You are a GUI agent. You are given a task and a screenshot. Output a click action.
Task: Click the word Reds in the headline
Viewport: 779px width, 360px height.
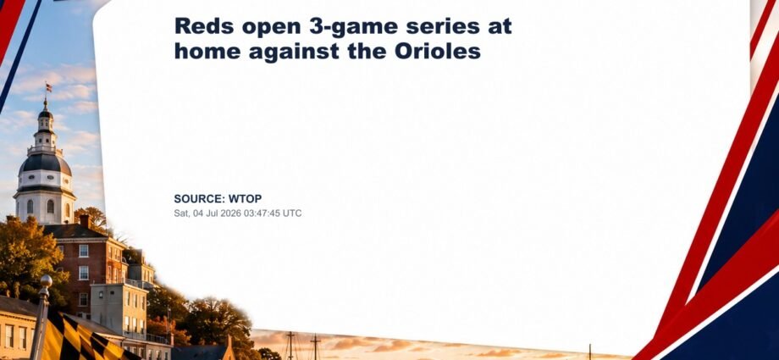(204, 26)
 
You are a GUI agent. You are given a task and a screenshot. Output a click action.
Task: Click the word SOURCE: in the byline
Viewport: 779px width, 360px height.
(199, 199)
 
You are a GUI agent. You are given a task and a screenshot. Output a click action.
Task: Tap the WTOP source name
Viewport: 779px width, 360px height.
(245, 199)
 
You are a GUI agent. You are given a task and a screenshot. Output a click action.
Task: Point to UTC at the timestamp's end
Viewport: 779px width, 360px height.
(293, 213)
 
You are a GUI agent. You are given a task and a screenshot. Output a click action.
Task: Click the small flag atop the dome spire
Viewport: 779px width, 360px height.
(49, 87)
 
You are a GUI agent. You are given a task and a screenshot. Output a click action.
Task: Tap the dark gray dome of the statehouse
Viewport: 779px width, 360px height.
(45, 163)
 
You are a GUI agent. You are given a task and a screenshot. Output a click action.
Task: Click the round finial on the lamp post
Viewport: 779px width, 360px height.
(46, 280)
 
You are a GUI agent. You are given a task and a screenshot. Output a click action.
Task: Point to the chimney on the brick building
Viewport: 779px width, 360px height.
(85, 221)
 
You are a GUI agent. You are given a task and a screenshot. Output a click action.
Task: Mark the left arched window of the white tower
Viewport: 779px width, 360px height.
(30, 207)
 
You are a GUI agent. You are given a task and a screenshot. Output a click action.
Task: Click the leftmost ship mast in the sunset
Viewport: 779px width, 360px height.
(290, 345)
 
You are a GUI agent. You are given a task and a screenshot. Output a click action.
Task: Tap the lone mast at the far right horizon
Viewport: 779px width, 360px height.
(589, 351)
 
